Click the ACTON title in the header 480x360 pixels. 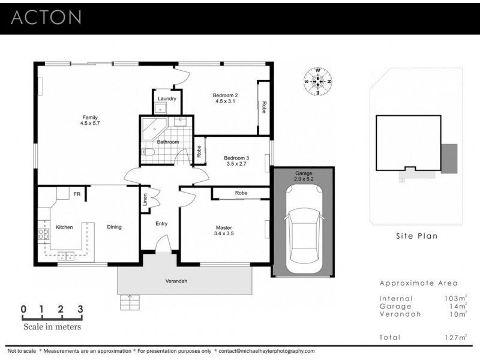click(x=46, y=17)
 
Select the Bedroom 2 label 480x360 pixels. click(x=226, y=95)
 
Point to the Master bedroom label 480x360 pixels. click(x=224, y=227)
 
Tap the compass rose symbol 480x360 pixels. click(x=318, y=82)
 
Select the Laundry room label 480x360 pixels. click(x=166, y=98)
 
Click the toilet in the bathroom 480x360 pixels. click(x=148, y=154)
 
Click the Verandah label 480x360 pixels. click(x=176, y=280)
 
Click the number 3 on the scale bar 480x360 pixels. click(x=80, y=310)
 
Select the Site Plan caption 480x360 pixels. click(x=416, y=236)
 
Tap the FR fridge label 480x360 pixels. click(x=77, y=194)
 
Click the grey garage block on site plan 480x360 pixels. click(x=448, y=158)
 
